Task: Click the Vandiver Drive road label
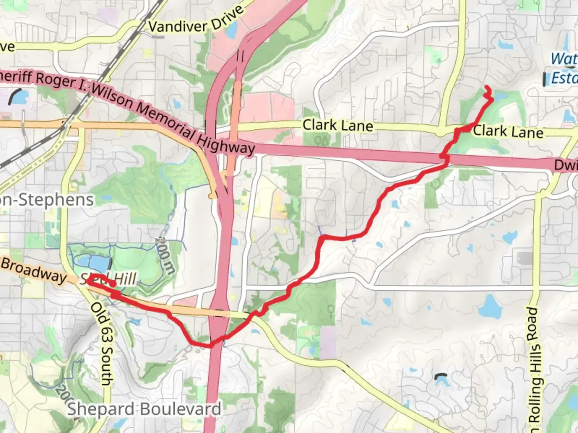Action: pyautogui.click(x=195, y=20)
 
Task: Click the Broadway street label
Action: pyautogui.click(x=34, y=270)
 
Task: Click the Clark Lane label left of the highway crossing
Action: pyautogui.click(x=338, y=125)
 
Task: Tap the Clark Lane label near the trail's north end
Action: pyautogui.click(x=508, y=132)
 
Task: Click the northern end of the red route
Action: pyautogui.click(x=487, y=87)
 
